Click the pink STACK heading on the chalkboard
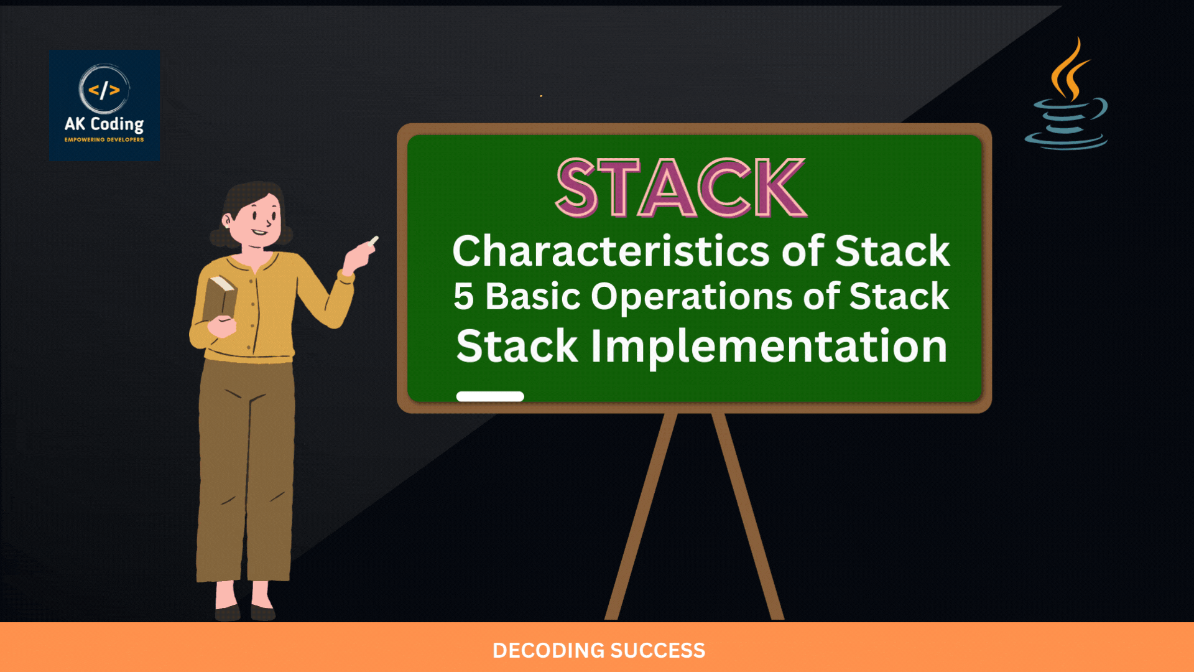681,187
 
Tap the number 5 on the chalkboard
463,296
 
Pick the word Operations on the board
692,297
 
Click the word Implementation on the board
769,347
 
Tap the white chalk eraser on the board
490,396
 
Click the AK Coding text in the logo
104,124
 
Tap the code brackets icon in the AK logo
104,90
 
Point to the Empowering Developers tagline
104,140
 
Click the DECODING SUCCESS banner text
599,651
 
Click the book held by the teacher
220,297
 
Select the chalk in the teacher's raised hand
374,241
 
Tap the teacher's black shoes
245,612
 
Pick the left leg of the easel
641,516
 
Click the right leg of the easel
748,516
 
